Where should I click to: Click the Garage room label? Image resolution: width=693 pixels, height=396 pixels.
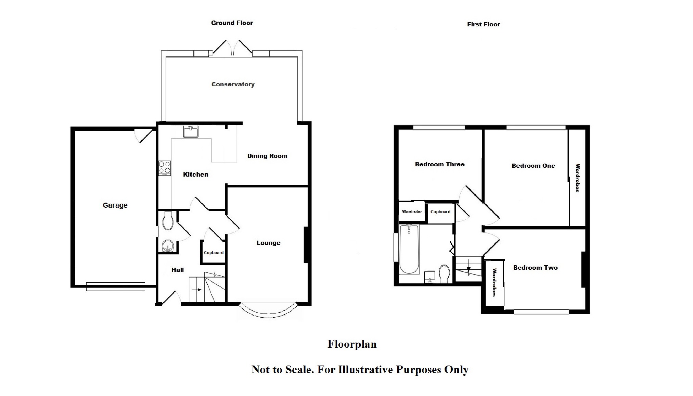115,205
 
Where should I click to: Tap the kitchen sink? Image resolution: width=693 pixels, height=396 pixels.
191,131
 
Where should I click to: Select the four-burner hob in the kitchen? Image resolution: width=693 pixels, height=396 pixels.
165,168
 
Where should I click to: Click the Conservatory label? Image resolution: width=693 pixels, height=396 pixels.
233,84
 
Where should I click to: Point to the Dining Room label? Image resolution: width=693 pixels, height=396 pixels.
267,156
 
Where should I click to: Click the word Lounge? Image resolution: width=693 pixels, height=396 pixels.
268,243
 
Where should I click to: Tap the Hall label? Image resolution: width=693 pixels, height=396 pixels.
177,270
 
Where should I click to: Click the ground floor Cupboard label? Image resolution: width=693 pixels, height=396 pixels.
214,253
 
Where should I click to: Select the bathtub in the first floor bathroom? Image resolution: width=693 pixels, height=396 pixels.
409,249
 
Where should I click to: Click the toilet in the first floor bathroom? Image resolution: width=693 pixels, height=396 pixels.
445,273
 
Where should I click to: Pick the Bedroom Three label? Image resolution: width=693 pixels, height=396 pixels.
440,164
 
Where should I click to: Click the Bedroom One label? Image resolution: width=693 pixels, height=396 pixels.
533,166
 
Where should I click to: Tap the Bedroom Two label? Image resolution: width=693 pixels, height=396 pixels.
535,268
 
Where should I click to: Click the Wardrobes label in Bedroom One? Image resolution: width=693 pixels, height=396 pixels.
578,178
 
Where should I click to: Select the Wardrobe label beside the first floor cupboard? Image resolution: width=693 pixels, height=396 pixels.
412,212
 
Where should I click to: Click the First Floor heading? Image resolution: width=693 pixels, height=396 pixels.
483,24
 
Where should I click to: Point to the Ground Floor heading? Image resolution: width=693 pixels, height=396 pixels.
232,23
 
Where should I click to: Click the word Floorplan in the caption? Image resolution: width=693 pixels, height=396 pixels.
352,344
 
